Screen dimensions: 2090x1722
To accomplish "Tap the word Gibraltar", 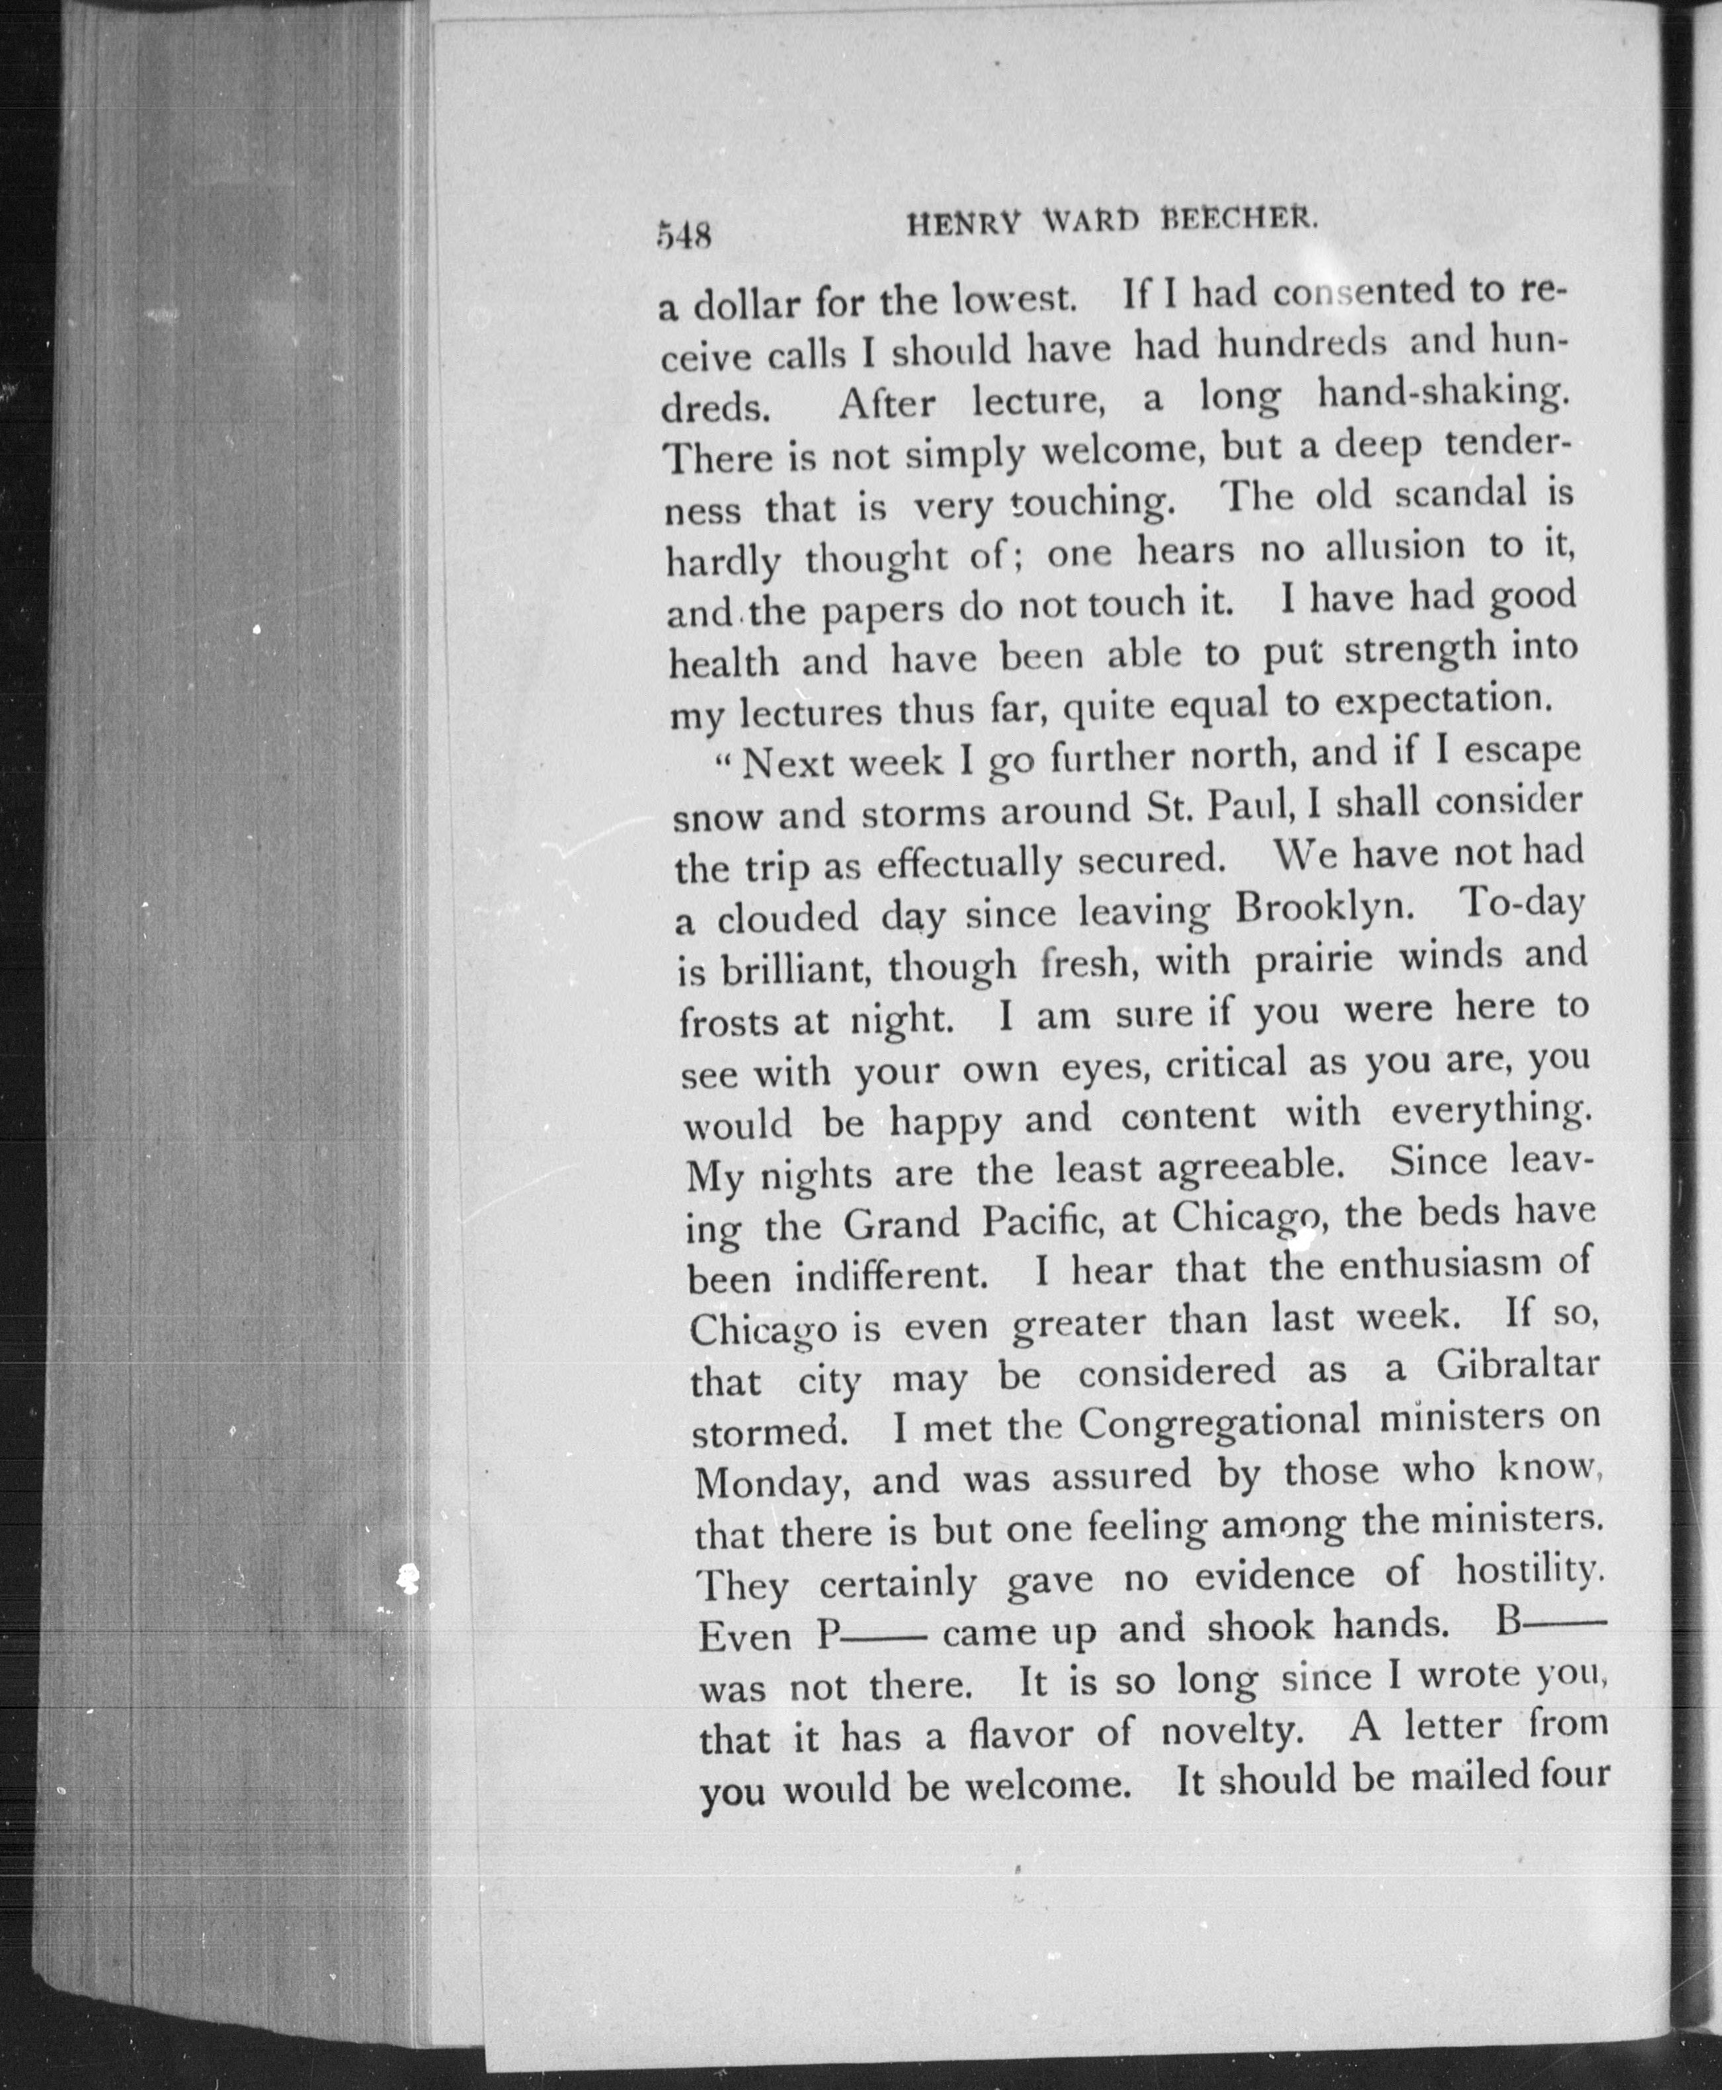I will [x=1517, y=1365].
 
